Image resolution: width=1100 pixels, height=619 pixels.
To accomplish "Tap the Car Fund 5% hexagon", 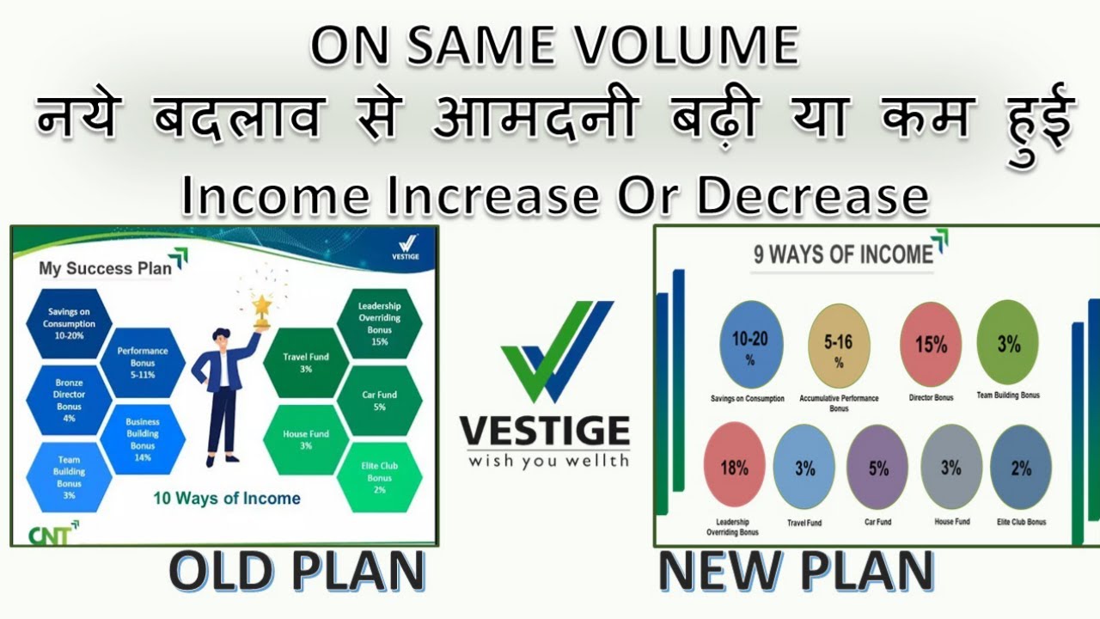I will [x=379, y=401].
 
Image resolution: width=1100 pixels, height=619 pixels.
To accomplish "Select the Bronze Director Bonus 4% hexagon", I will [x=69, y=401].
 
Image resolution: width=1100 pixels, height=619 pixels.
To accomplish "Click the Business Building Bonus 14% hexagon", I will [x=143, y=439].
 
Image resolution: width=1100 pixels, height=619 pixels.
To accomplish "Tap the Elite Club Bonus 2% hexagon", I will [x=379, y=478].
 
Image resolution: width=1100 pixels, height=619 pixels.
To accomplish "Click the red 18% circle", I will [x=734, y=469].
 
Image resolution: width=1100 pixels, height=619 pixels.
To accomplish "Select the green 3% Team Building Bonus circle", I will [x=1008, y=345].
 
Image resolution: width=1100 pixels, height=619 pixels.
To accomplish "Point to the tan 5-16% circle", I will [x=839, y=347].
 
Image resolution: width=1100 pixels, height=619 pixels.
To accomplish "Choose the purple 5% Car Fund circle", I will [x=877, y=469].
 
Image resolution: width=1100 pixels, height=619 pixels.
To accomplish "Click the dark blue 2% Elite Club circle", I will [x=1021, y=468].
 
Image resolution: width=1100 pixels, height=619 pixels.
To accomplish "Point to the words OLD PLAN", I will [x=296, y=572].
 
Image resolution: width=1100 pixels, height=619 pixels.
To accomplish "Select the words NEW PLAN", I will [x=796, y=572].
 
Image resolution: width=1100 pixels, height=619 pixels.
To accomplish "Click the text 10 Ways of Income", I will [x=227, y=499].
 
